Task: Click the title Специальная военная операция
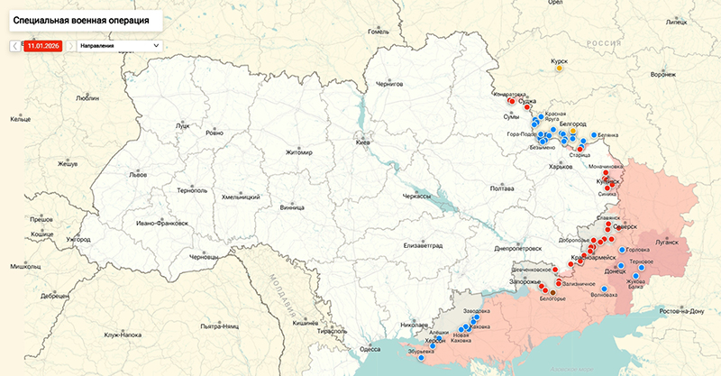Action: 82,18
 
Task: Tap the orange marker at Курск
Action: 560,67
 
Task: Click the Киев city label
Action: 363,142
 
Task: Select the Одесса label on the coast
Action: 370,349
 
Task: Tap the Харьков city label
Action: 561,166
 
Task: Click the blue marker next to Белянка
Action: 593,135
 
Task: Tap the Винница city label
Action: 293,206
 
